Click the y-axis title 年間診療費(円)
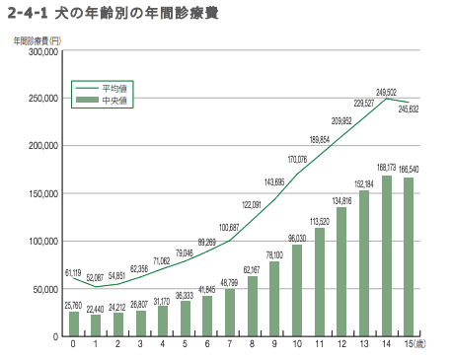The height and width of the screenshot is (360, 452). pyautogui.click(x=36, y=38)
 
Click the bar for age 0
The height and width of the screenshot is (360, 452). pyautogui.click(x=74, y=324)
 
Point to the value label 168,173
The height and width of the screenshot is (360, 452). pyautogui.click(x=387, y=168)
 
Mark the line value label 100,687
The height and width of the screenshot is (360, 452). pyautogui.click(x=229, y=227)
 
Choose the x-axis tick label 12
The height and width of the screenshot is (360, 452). pyautogui.click(x=342, y=344)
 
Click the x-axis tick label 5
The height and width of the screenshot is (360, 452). pyautogui.click(x=186, y=344)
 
